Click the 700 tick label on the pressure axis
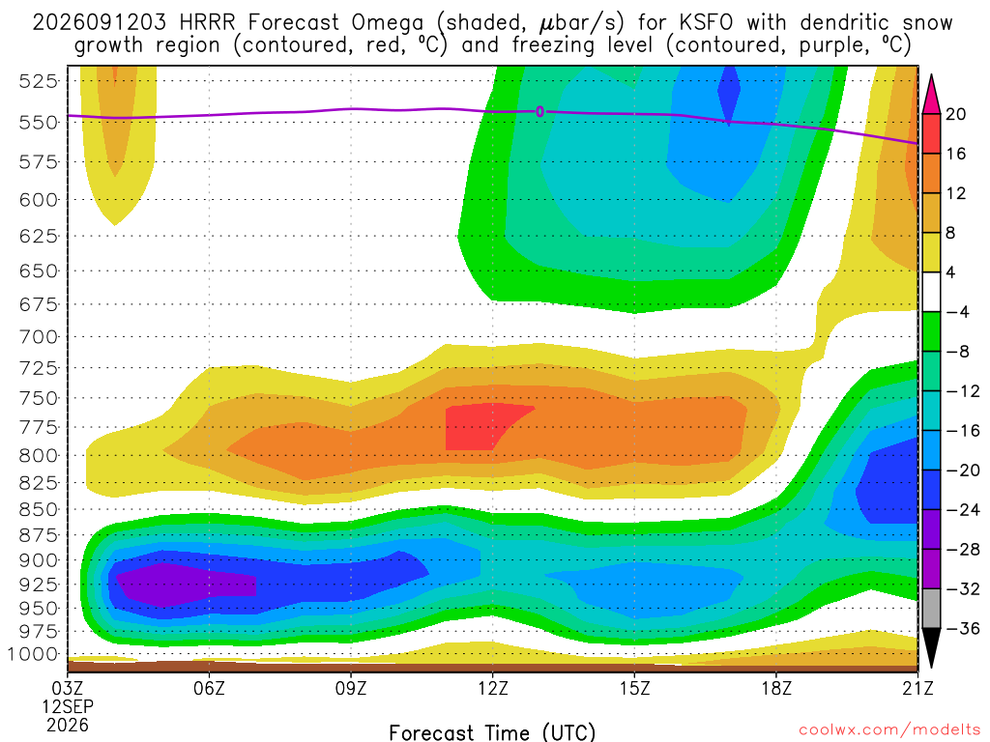[38, 336]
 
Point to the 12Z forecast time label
[492, 687]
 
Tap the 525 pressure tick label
[38, 81]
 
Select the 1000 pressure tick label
[33, 654]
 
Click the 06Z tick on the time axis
[209, 687]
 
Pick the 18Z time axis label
[776, 687]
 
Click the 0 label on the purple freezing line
[539, 112]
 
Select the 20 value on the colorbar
[955, 114]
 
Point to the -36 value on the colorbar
[962, 628]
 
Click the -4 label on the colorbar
[957, 312]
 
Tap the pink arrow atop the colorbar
[931, 95]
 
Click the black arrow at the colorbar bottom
[931, 647]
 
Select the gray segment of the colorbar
[931, 609]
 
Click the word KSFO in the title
[706, 22]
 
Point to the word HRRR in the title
[207, 22]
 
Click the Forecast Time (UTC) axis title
[492, 732]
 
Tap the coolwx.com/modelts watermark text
[889, 729]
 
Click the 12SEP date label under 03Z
[69, 706]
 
